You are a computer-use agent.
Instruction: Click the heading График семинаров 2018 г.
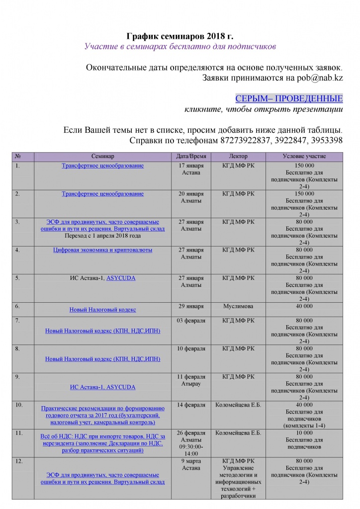(x=180, y=36)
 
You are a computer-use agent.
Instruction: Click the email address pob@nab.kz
(x=318, y=78)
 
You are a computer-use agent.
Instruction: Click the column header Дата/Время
(x=191, y=156)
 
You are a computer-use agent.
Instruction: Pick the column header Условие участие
(x=303, y=156)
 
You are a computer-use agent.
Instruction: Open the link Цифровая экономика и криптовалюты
(x=102, y=250)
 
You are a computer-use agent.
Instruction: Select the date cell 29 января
(x=191, y=306)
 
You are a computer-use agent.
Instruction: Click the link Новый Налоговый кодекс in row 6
(x=102, y=310)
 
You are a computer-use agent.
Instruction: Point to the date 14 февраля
(x=191, y=405)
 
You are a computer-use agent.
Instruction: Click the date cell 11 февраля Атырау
(x=191, y=380)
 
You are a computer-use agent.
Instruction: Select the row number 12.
(x=19, y=462)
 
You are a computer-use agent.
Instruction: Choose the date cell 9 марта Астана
(x=191, y=465)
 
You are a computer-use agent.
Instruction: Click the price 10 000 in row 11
(x=303, y=433)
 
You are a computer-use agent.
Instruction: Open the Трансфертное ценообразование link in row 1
(x=102, y=166)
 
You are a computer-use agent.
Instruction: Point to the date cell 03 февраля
(x=191, y=321)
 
